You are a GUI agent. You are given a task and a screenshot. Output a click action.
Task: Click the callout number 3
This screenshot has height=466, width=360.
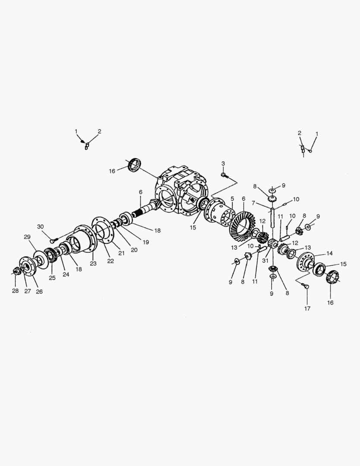(223, 164)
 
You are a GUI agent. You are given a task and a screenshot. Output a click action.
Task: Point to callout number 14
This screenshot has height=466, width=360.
(329, 253)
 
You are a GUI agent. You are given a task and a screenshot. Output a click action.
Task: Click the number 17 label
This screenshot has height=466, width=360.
(307, 309)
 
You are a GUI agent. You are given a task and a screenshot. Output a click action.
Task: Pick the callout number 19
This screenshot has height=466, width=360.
(146, 242)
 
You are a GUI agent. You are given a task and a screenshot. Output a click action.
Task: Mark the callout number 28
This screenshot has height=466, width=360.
(15, 291)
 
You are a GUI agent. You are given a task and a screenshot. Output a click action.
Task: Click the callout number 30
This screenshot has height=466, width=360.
(41, 227)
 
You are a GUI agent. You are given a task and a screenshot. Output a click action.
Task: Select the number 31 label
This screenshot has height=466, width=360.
(265, 260)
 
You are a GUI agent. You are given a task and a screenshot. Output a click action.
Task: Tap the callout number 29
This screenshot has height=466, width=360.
(27, 237)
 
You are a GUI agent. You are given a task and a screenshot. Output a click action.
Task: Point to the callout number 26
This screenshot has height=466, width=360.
(39, 291)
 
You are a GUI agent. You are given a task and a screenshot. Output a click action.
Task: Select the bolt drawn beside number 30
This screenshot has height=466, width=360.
(53, 241)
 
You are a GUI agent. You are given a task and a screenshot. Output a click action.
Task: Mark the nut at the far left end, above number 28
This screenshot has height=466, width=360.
(16, 271)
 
